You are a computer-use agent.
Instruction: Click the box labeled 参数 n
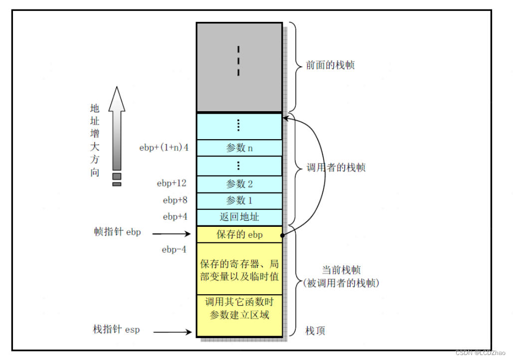coord(239,148)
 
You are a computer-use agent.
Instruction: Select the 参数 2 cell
coord(239,184)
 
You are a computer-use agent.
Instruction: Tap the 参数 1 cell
coord(239,200)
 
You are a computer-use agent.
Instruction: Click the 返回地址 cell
coord(239,217)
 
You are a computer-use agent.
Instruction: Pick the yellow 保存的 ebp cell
coord(239,234)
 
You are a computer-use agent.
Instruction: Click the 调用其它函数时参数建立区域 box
coord(239,309)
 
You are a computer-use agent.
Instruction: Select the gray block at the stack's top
coord(239,67)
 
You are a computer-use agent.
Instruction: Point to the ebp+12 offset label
coord(171,183)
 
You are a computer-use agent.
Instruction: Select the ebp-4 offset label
coord(174,249)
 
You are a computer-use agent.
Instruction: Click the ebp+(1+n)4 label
coord(164,148)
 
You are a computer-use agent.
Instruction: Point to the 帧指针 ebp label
coord(117,232)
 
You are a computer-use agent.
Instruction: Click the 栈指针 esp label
coord(116,330)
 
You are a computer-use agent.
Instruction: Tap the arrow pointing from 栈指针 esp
coord(172,331)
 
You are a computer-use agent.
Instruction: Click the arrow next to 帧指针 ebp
coord(172,233)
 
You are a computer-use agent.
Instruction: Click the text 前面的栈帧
coord(330,65)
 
